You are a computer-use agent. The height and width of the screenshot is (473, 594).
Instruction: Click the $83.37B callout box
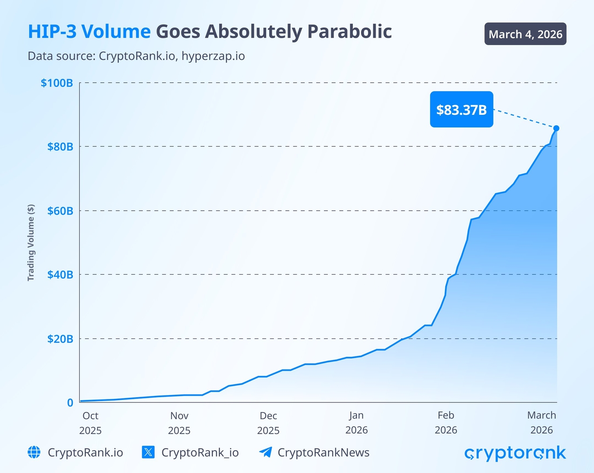[x=461, y=109]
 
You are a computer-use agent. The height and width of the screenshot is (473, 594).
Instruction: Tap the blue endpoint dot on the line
[x=556, y=128]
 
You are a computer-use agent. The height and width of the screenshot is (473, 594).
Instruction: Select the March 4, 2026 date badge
[x=525, y=34]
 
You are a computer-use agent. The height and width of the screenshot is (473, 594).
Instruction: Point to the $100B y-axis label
[x=57, y=83]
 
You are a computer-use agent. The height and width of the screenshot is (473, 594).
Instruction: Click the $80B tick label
[x=60, y=147]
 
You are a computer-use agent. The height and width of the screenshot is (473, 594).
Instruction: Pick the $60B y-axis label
[x=60, y=211]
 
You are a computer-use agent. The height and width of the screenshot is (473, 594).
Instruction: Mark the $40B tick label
[x=60, y=275]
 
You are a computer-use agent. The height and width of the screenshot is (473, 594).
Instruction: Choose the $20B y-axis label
[x=60, y=339]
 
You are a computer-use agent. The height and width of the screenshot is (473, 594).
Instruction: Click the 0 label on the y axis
[x=70, y=402]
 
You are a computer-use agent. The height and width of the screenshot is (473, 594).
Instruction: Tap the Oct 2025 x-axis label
[x=90, y=423]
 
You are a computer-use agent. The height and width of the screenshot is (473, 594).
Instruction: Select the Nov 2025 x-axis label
[x=179, y=423]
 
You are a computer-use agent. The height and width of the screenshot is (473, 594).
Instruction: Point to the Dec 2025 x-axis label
[x=268, y=423]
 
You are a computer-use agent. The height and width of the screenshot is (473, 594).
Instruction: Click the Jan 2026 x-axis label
[x=356, y=423]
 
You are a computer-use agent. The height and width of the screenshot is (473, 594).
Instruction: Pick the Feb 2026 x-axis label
[x=446, y=423]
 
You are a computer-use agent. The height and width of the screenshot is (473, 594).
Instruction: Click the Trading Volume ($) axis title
[x=31, y=242]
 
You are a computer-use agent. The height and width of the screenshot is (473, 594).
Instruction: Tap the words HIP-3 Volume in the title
[x=89, y=32]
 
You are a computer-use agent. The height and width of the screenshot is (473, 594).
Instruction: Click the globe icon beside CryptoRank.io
[x=34, y=452]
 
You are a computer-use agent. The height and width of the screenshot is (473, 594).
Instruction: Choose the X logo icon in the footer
[x=148, y=452]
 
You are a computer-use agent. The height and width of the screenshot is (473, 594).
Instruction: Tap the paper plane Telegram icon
[x=265, y=452]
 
